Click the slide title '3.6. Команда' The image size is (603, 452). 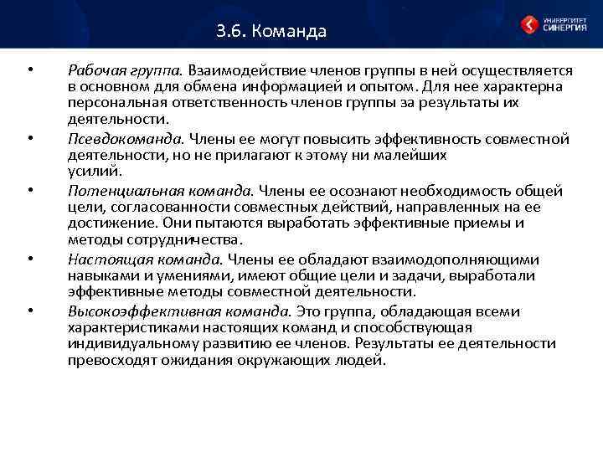click(x=271, y=33)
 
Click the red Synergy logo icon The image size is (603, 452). click(x=529, y=25)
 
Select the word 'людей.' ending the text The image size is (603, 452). click(x=364, y=361)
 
